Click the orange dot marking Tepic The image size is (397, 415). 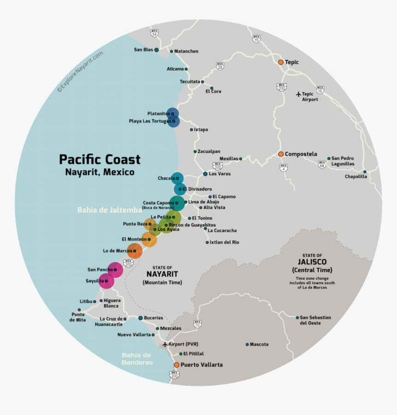tap(280, 62)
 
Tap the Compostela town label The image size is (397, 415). tap(301, 154)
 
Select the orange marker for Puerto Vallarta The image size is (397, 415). tap(176, 365)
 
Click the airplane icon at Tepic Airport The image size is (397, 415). tap(299, 94)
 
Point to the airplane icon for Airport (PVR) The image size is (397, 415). tap(165, 344)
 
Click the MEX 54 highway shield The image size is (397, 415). tap(154, 33)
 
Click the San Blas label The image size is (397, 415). tap(143, 50)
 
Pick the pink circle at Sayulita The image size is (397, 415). tap(107, 281)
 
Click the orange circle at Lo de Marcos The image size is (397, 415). tap(135, 251)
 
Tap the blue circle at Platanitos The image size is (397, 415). tap(173, 113)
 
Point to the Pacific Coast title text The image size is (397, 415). tap(100, 160)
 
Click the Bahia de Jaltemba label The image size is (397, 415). tap(109, 210)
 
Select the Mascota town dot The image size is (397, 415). tap(247, 344)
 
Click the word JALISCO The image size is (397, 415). tap(312, 262)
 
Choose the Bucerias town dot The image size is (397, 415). tap(140, 318)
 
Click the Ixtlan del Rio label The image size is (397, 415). tap(224, 242)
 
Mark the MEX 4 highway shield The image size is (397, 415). tap(283, 168)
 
